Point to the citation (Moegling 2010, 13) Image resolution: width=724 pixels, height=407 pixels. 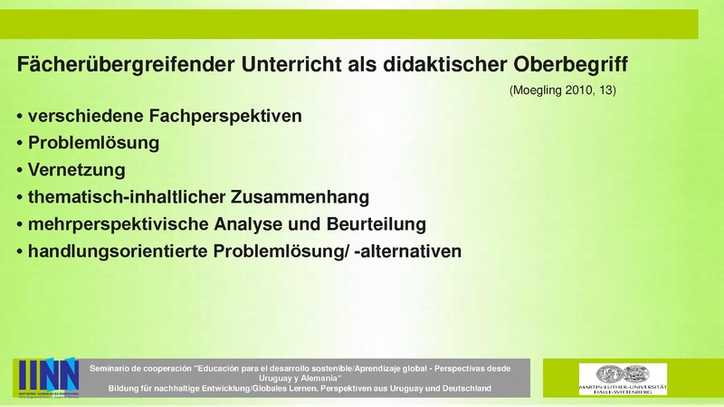[x=562, y=90]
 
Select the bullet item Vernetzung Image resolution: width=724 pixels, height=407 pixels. [x=77, y=169]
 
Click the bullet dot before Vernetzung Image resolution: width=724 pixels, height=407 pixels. [x=20, y=170]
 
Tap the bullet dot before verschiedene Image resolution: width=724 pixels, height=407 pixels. [x=20, y=118]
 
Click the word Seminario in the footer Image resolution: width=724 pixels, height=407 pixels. [x=116, y=367]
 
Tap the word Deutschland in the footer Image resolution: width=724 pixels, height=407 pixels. [x=458, y=389]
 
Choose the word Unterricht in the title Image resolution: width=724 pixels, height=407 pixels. [x=286, y=65]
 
